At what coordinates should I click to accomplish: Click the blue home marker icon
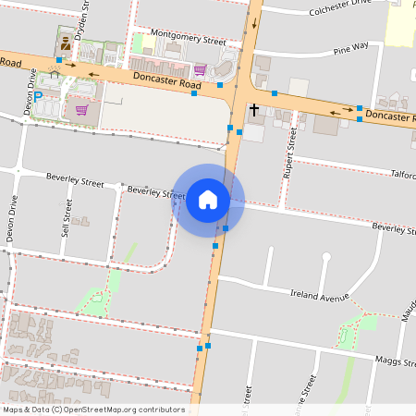[x=208, y=200]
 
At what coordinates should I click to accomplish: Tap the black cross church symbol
[x=253, y=109]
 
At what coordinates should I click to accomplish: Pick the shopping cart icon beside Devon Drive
[x=81, y=109]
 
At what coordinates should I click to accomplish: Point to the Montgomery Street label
[x=188, y=42]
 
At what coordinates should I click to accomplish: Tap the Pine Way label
[x=350, y=46]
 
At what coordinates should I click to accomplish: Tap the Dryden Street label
[x=83, y=18]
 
